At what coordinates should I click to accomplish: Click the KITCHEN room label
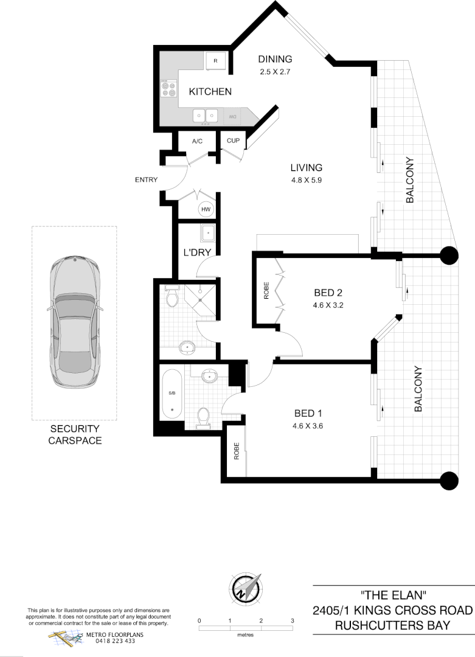tap(210, 92)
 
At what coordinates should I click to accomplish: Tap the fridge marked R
tap(215, 60)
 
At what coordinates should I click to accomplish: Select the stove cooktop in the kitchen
tap(168, 89)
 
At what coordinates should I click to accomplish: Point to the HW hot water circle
tap(206, 209)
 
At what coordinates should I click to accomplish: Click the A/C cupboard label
tap(197, 141)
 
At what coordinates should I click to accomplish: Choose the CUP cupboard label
tap(233, 141)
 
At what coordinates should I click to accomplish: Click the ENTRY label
tap(147, 179)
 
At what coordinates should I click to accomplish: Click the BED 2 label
tap(327, 293)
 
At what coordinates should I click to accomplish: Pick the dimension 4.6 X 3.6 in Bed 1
tap(307, 426)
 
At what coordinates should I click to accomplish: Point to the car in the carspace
tap(74, 322)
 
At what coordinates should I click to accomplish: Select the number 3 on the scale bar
tap(293, 621)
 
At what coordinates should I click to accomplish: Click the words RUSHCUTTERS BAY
tap(392, 625)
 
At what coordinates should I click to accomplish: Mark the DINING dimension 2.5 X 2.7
tap(276, 71)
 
